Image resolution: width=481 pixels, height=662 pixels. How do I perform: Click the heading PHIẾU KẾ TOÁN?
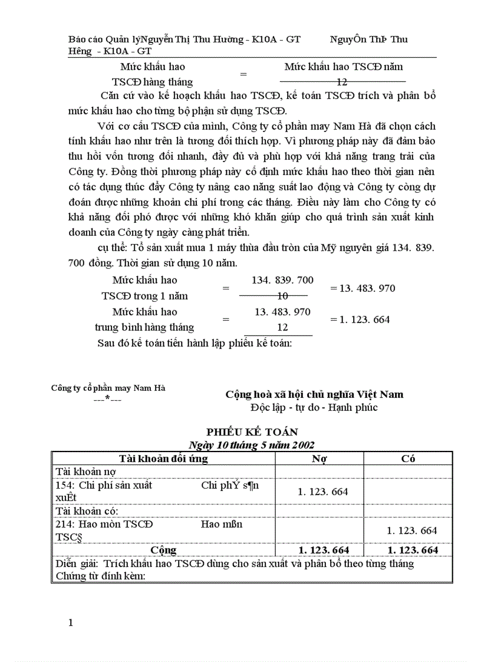click(252, 432)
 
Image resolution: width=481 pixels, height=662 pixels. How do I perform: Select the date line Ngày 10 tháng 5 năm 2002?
click(251, 444)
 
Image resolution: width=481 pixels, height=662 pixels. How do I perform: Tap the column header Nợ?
click(319, 459)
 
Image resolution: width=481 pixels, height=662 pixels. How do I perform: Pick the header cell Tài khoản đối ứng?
click(163, 459)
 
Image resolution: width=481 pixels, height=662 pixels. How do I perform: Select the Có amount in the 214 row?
click(412, 531)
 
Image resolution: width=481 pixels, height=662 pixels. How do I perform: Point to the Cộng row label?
click(163, 550)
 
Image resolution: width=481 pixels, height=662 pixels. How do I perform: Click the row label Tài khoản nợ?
click(85, 472)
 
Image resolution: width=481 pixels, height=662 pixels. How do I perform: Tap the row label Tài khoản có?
click(87, 511)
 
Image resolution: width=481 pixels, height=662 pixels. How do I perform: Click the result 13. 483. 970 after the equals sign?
click(363, 288)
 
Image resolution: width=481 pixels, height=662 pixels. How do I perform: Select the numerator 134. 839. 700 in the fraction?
click(282, 280)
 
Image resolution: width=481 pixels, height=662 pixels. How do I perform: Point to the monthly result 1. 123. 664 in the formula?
click(360, 320)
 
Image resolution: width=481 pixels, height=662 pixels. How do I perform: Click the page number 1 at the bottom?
click(71, 623)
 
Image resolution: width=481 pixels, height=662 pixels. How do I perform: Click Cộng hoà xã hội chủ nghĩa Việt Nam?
click(314, 394)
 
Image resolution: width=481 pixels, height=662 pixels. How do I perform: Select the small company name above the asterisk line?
click(108, 388)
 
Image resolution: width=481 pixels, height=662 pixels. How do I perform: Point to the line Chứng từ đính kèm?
click(100, 575)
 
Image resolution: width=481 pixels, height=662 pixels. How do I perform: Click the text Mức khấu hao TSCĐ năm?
click(343, 67)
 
